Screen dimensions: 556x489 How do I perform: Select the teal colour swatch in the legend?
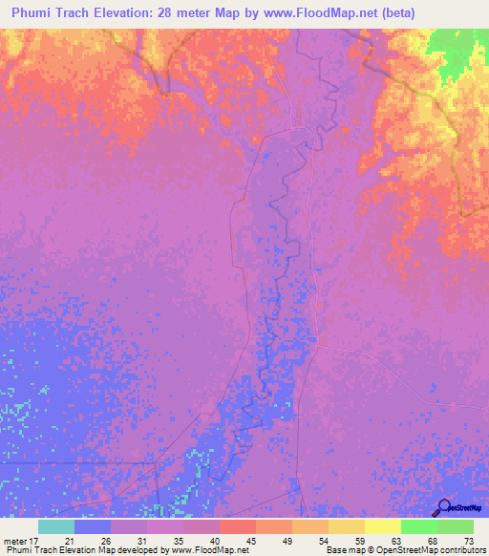[56, 526]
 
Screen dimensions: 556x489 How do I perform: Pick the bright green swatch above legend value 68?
[419, 526]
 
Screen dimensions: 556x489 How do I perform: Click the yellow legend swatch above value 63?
[383, 526]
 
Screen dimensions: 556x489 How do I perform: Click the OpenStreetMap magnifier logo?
[443, 506]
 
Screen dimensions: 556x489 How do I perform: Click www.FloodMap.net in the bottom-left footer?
[202, 550]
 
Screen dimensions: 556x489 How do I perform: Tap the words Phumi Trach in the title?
[47, 13]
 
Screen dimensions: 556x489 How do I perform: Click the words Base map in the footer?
[342, 550]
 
